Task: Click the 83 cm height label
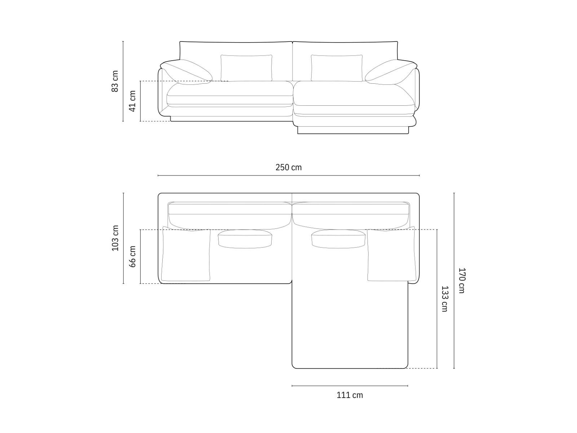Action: click(x=115, y=81)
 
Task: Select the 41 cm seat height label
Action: click(x=132, y=101)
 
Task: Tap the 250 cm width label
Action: click(x=288, y=167)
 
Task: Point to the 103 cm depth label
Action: click(x=115, y=238)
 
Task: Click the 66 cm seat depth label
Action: click(x=132, y=257)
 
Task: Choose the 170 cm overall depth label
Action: click(x=462, y=280)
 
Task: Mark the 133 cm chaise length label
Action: click(x=444, y=299)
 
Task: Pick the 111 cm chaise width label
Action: click(x=350, y=395)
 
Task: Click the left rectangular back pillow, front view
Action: click(x=246, y=68)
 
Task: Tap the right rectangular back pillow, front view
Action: click(x=336, y=68)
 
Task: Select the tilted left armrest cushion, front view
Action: click(x=186, y=72)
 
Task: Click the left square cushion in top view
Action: click(x=186, y=255)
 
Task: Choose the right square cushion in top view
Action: click(x=391, y=255)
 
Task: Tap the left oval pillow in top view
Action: click(x=245, y=239)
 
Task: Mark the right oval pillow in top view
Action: click(x=338, y=239)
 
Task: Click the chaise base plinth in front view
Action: click(x=353, y=130)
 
